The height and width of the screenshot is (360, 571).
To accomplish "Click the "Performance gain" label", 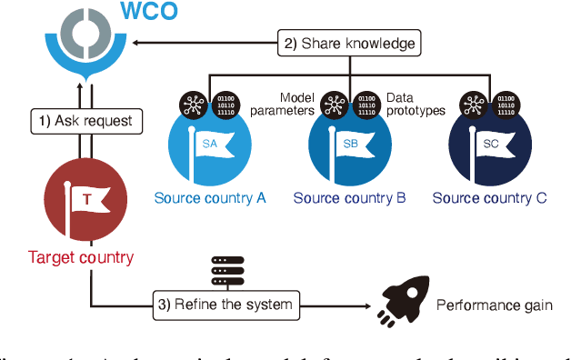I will (x=495, y=305).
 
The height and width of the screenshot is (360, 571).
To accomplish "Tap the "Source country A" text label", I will (x=210, y=198).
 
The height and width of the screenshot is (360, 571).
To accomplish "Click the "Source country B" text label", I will (x=350, y=198).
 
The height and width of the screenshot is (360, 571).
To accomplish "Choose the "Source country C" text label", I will (x=489, y=198).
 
